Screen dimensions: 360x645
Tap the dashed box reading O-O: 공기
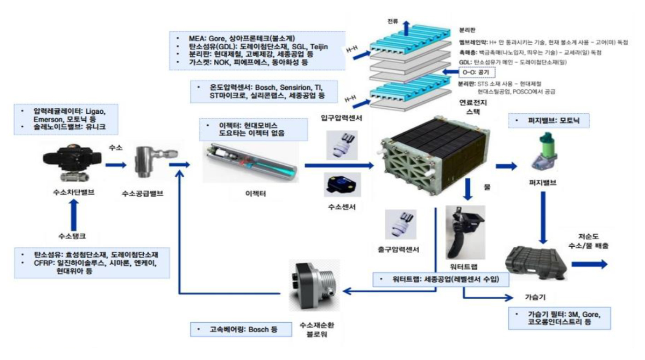point(476,73)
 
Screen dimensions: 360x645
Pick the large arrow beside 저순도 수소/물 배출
point(590,264)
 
